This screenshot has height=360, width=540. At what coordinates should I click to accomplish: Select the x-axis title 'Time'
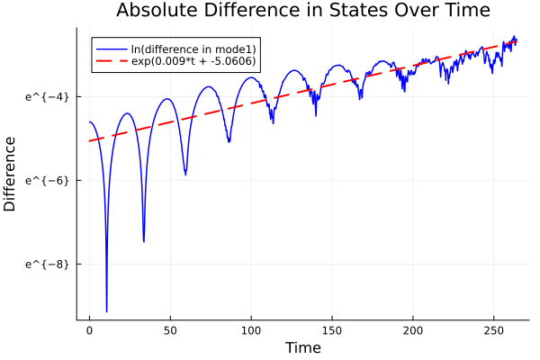(x=302, y=347)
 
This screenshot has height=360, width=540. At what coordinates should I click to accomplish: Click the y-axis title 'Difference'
(x=11, y=174)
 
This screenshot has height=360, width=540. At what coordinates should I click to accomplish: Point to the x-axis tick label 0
(x=89, y=331)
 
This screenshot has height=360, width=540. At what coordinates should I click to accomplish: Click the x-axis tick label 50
(x=170, y=331)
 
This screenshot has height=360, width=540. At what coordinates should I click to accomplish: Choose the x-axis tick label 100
(x=251, y=331)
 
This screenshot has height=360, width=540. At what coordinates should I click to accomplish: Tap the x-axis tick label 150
(x=332, y=331)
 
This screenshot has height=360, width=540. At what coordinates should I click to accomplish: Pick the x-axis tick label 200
(x=413, y=331)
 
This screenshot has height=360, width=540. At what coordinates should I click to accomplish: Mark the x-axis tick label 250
(x=494, y=331)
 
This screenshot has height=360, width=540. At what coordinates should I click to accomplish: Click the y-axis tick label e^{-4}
(x=46, y=96)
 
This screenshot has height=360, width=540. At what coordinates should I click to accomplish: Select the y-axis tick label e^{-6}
(x=46, y=180)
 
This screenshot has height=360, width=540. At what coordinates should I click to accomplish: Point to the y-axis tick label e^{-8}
(x=46, y=264)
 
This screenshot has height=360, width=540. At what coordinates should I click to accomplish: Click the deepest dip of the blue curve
(x=106, y=311)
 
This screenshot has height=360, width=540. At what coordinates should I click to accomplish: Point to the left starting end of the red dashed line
(x=89, y=141)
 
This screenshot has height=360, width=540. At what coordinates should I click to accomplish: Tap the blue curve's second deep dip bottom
(x=144, y=241)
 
